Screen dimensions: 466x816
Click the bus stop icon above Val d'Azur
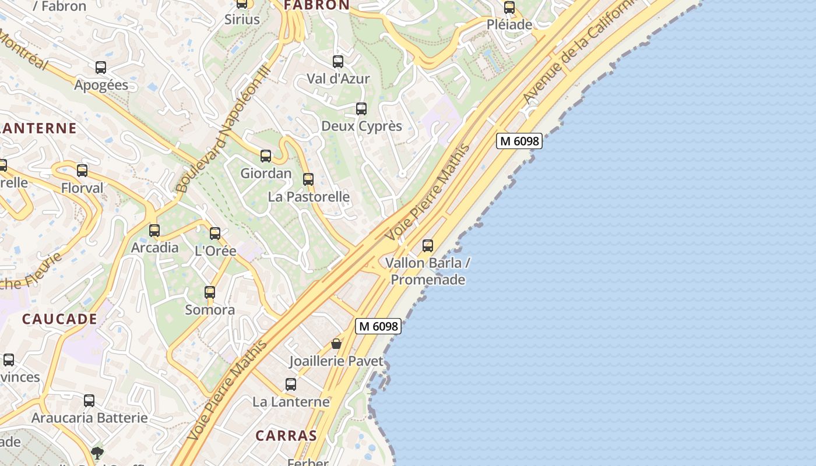337,61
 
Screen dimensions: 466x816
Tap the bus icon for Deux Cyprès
361,109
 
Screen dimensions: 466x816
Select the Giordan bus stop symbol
266,156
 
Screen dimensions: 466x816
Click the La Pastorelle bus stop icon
308,179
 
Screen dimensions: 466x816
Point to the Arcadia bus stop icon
154,231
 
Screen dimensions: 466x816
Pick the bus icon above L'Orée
215,234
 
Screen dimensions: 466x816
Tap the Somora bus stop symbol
210,292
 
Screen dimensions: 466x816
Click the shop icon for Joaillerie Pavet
336,344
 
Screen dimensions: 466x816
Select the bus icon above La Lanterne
291,384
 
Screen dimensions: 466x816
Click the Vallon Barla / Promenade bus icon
428,246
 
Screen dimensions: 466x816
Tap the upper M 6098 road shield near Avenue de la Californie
519,141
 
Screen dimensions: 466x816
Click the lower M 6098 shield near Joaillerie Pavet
378,326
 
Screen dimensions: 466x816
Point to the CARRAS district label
286,436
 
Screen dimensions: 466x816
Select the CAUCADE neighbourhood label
59,319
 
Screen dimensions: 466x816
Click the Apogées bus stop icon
101,68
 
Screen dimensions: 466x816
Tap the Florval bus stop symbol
82,171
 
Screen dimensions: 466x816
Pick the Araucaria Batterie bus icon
89,401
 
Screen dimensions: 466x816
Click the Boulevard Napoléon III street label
223,129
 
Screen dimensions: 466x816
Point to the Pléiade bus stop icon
509,8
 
